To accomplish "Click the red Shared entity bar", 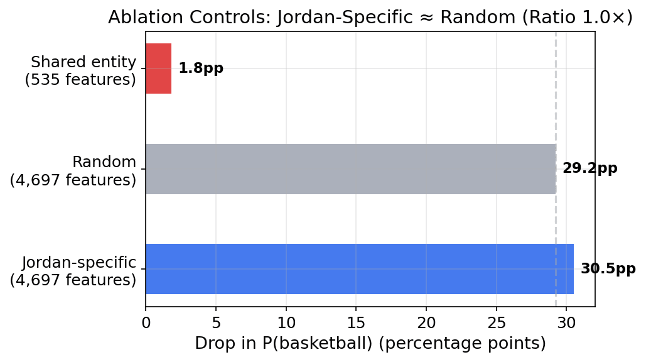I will (158, 69).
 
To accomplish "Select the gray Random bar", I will (350, 169).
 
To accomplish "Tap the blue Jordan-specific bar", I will (359, 269).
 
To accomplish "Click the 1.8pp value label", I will (200, 69).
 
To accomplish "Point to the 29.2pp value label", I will (589, 168).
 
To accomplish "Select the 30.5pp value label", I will (608, 269).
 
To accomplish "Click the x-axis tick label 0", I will (146, 322).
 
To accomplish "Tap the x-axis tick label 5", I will (216, 322).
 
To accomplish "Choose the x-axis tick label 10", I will (286, 322).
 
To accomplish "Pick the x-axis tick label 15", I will (356, 322).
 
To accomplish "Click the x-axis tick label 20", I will (426, 322).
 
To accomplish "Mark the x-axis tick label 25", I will (497, 322).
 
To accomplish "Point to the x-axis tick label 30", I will (566, 322).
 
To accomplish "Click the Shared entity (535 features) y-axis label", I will (80, 71).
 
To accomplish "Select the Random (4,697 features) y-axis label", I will (73, 171).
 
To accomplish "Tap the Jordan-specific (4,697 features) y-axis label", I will (73, 271).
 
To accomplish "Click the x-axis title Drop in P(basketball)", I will (370, 344).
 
